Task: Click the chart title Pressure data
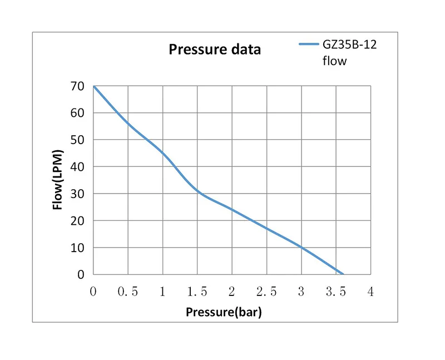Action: pyautogui.click(x=215, y=50)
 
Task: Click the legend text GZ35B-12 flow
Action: pyautogui.click(x=349, y=53)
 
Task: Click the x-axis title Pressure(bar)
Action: pyautogui.click(x=224, y=312)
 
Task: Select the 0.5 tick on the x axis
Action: pyautogui.click(x=127, y=292)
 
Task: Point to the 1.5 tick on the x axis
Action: pyautogui.click(x=197, y=292)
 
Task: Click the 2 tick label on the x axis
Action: pyautogui.click(x=232, y=292)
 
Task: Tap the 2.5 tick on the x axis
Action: pyautogui.click(x=266, y=292)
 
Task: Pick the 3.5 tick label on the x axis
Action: pyautogui.click(x=336, y=292)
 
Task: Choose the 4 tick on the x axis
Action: pyautogui.click(x=370, y=292)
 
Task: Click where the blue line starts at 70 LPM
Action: pyautogui.click(x=94, y=86)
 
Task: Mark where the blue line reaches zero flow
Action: pyautogui.click(x=343, y=274)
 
